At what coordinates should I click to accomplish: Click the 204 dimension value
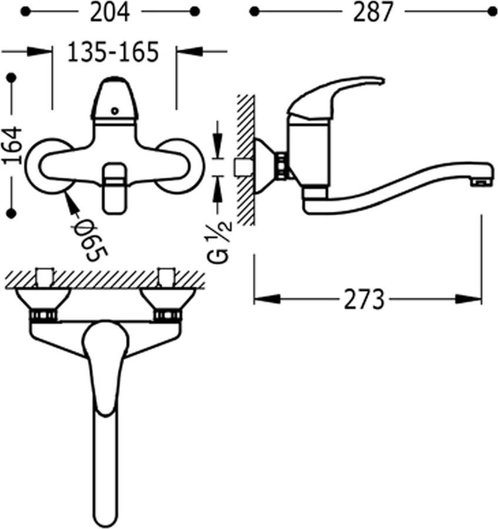click(110, 12)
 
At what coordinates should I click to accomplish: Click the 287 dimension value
click(373, 12)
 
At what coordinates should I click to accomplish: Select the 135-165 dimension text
click(113, 52)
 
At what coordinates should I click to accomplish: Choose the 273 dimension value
click(364, 299)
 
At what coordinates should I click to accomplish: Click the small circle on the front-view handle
click(115, 111)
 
